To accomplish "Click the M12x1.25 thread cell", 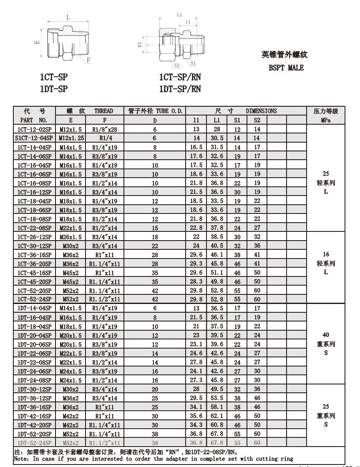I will click(x=70, y=138).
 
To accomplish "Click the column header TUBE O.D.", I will click(x=155, y=111).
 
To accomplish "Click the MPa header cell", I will click(x=326, y=120).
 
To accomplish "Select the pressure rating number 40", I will click(x=326, y=335).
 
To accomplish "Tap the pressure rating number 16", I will click(x=326, y=254).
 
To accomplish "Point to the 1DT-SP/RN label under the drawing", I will click(x=180, y=88).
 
